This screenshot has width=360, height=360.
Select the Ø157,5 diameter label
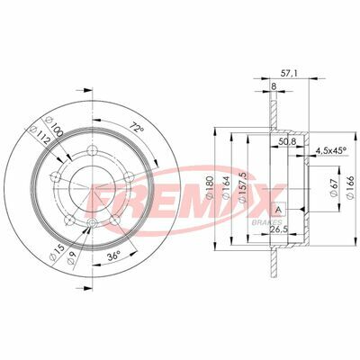tap(245, 185)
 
